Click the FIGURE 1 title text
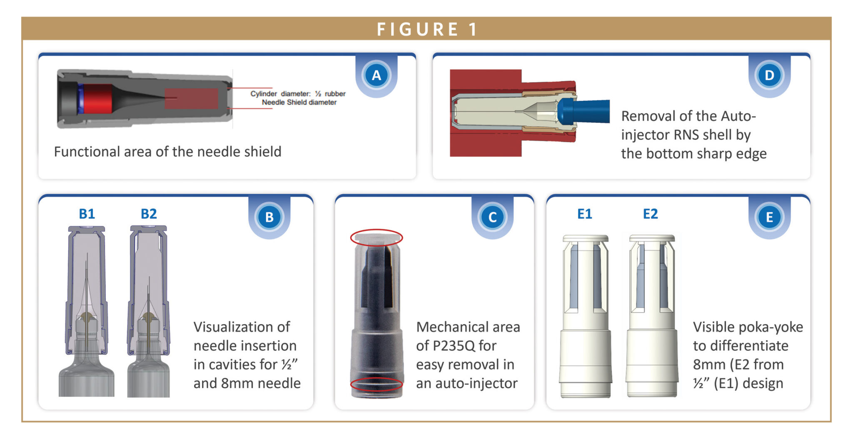point(426,29)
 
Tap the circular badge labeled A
point(376,75)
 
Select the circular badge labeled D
point(769,75)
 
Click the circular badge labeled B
point(269,217)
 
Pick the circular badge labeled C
point(492,217)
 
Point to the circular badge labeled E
point(769,217)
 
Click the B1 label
point(87,214)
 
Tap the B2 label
point(149,214)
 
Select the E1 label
point(584,214)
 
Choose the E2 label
point(650,214)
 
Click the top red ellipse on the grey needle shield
point(376,237)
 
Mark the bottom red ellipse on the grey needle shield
point(376,384)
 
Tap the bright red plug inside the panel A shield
point(98,99)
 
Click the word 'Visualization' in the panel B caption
point(242,327)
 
